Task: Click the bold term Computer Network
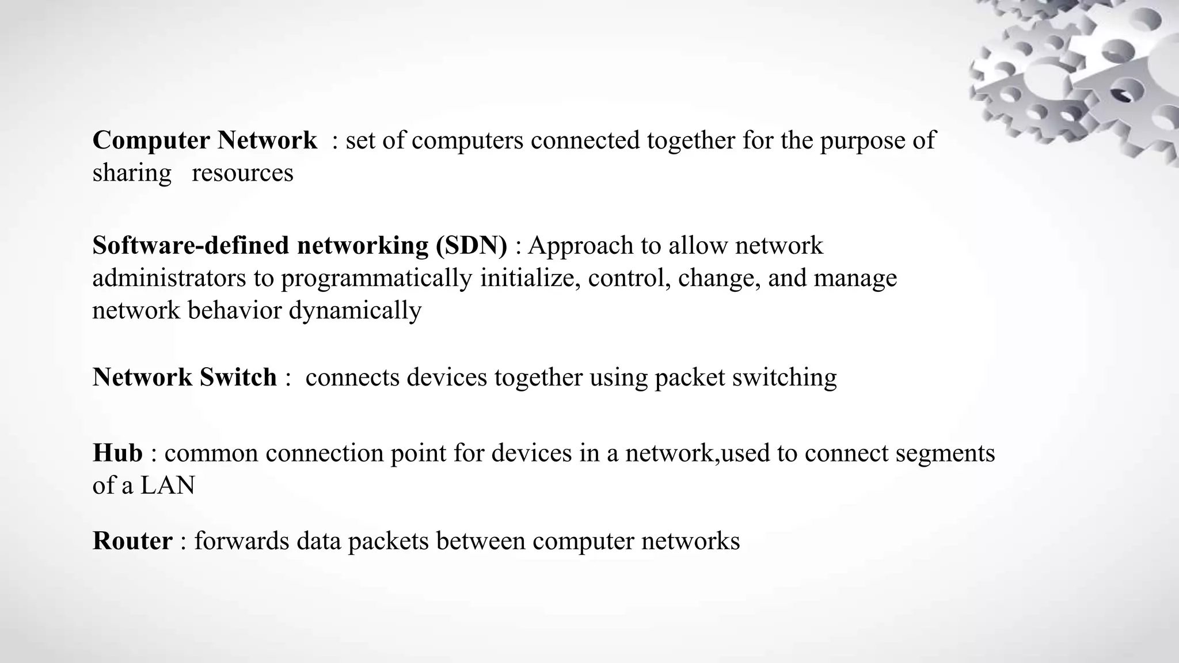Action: (204, 140)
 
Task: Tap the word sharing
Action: (132, 173)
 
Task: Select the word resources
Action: (242, 173)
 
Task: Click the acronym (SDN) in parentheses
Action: (471, 246)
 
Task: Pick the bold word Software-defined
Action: (191, 246)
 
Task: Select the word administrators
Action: (169, 279)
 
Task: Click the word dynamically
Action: (355, 311)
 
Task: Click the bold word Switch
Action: (238, 378)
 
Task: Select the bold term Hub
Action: (117, 453)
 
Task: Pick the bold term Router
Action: (132, 541)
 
